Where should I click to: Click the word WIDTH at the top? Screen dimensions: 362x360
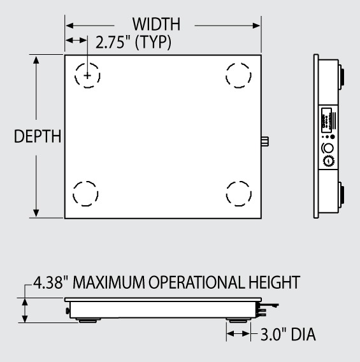[156, 25]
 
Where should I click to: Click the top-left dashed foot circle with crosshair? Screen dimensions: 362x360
[87, 75]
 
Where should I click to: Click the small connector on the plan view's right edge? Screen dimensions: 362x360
[264, 141]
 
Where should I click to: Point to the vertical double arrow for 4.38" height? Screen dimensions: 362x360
[25, 312]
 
